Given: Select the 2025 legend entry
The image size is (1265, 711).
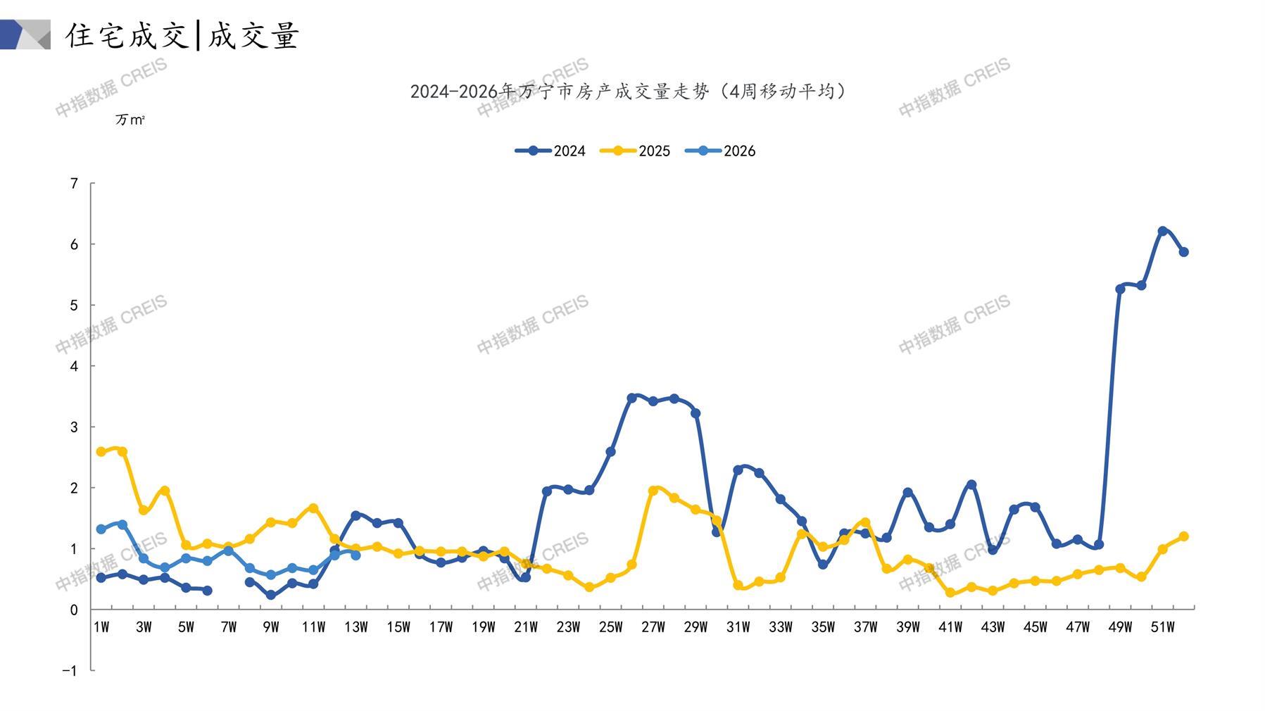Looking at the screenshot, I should click(635, 151).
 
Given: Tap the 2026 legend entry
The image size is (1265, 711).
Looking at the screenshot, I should click(720, 151).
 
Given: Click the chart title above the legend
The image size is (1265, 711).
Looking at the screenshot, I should click(628, 92).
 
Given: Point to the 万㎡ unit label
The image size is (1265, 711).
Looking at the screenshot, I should click(130, 120).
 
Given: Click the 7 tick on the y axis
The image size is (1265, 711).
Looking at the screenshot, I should click(74, 184).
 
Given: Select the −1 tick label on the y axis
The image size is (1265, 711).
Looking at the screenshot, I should click(70, 671).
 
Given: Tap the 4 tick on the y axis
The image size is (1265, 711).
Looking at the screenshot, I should click(74, 366).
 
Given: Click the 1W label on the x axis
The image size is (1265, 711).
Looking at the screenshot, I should click(101, 627).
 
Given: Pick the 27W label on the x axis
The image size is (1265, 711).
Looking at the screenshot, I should click(653, 627).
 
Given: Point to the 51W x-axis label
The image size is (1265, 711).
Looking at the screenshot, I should click(1162, 627).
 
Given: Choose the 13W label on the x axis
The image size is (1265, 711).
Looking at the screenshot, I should click(356, 627).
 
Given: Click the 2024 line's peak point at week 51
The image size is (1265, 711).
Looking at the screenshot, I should click(1162, 231).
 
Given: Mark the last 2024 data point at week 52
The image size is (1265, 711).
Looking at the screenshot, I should click(1183, 252).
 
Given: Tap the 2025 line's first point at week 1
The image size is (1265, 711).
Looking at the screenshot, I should click(101, 452).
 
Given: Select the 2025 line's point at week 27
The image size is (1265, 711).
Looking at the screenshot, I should click(653, 491).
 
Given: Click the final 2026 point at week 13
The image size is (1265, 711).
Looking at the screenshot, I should click(355, 555).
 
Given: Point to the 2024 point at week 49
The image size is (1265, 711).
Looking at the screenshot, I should click(1120, 289).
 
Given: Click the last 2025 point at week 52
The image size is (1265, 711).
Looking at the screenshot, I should click(1183, 536).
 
